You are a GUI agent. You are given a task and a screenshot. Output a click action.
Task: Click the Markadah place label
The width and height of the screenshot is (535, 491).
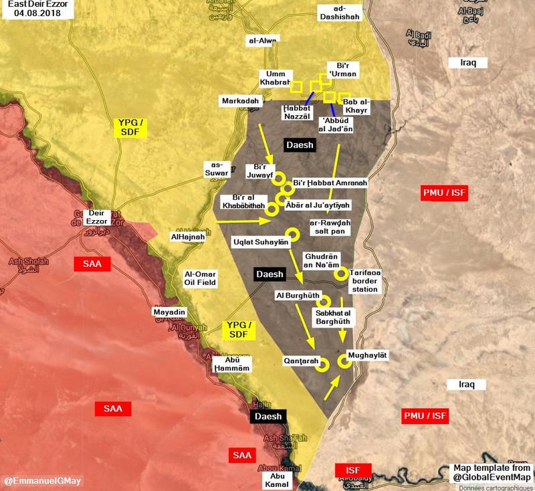239,100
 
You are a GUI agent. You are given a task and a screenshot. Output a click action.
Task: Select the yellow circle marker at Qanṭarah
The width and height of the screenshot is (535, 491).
321,365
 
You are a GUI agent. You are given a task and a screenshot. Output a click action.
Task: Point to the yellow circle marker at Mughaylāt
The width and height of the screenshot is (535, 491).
344,361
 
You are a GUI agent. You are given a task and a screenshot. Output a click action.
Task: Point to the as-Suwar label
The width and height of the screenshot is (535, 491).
216,171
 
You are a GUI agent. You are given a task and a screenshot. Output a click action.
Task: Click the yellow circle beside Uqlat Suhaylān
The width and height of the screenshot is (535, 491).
292,233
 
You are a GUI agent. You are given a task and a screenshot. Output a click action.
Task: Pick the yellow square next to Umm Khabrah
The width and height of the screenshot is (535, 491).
297,87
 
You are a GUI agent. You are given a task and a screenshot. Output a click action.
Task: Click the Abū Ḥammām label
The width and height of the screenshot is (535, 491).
232,364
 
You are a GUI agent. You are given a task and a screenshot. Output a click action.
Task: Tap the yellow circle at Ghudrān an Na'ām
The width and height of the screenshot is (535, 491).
341,273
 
